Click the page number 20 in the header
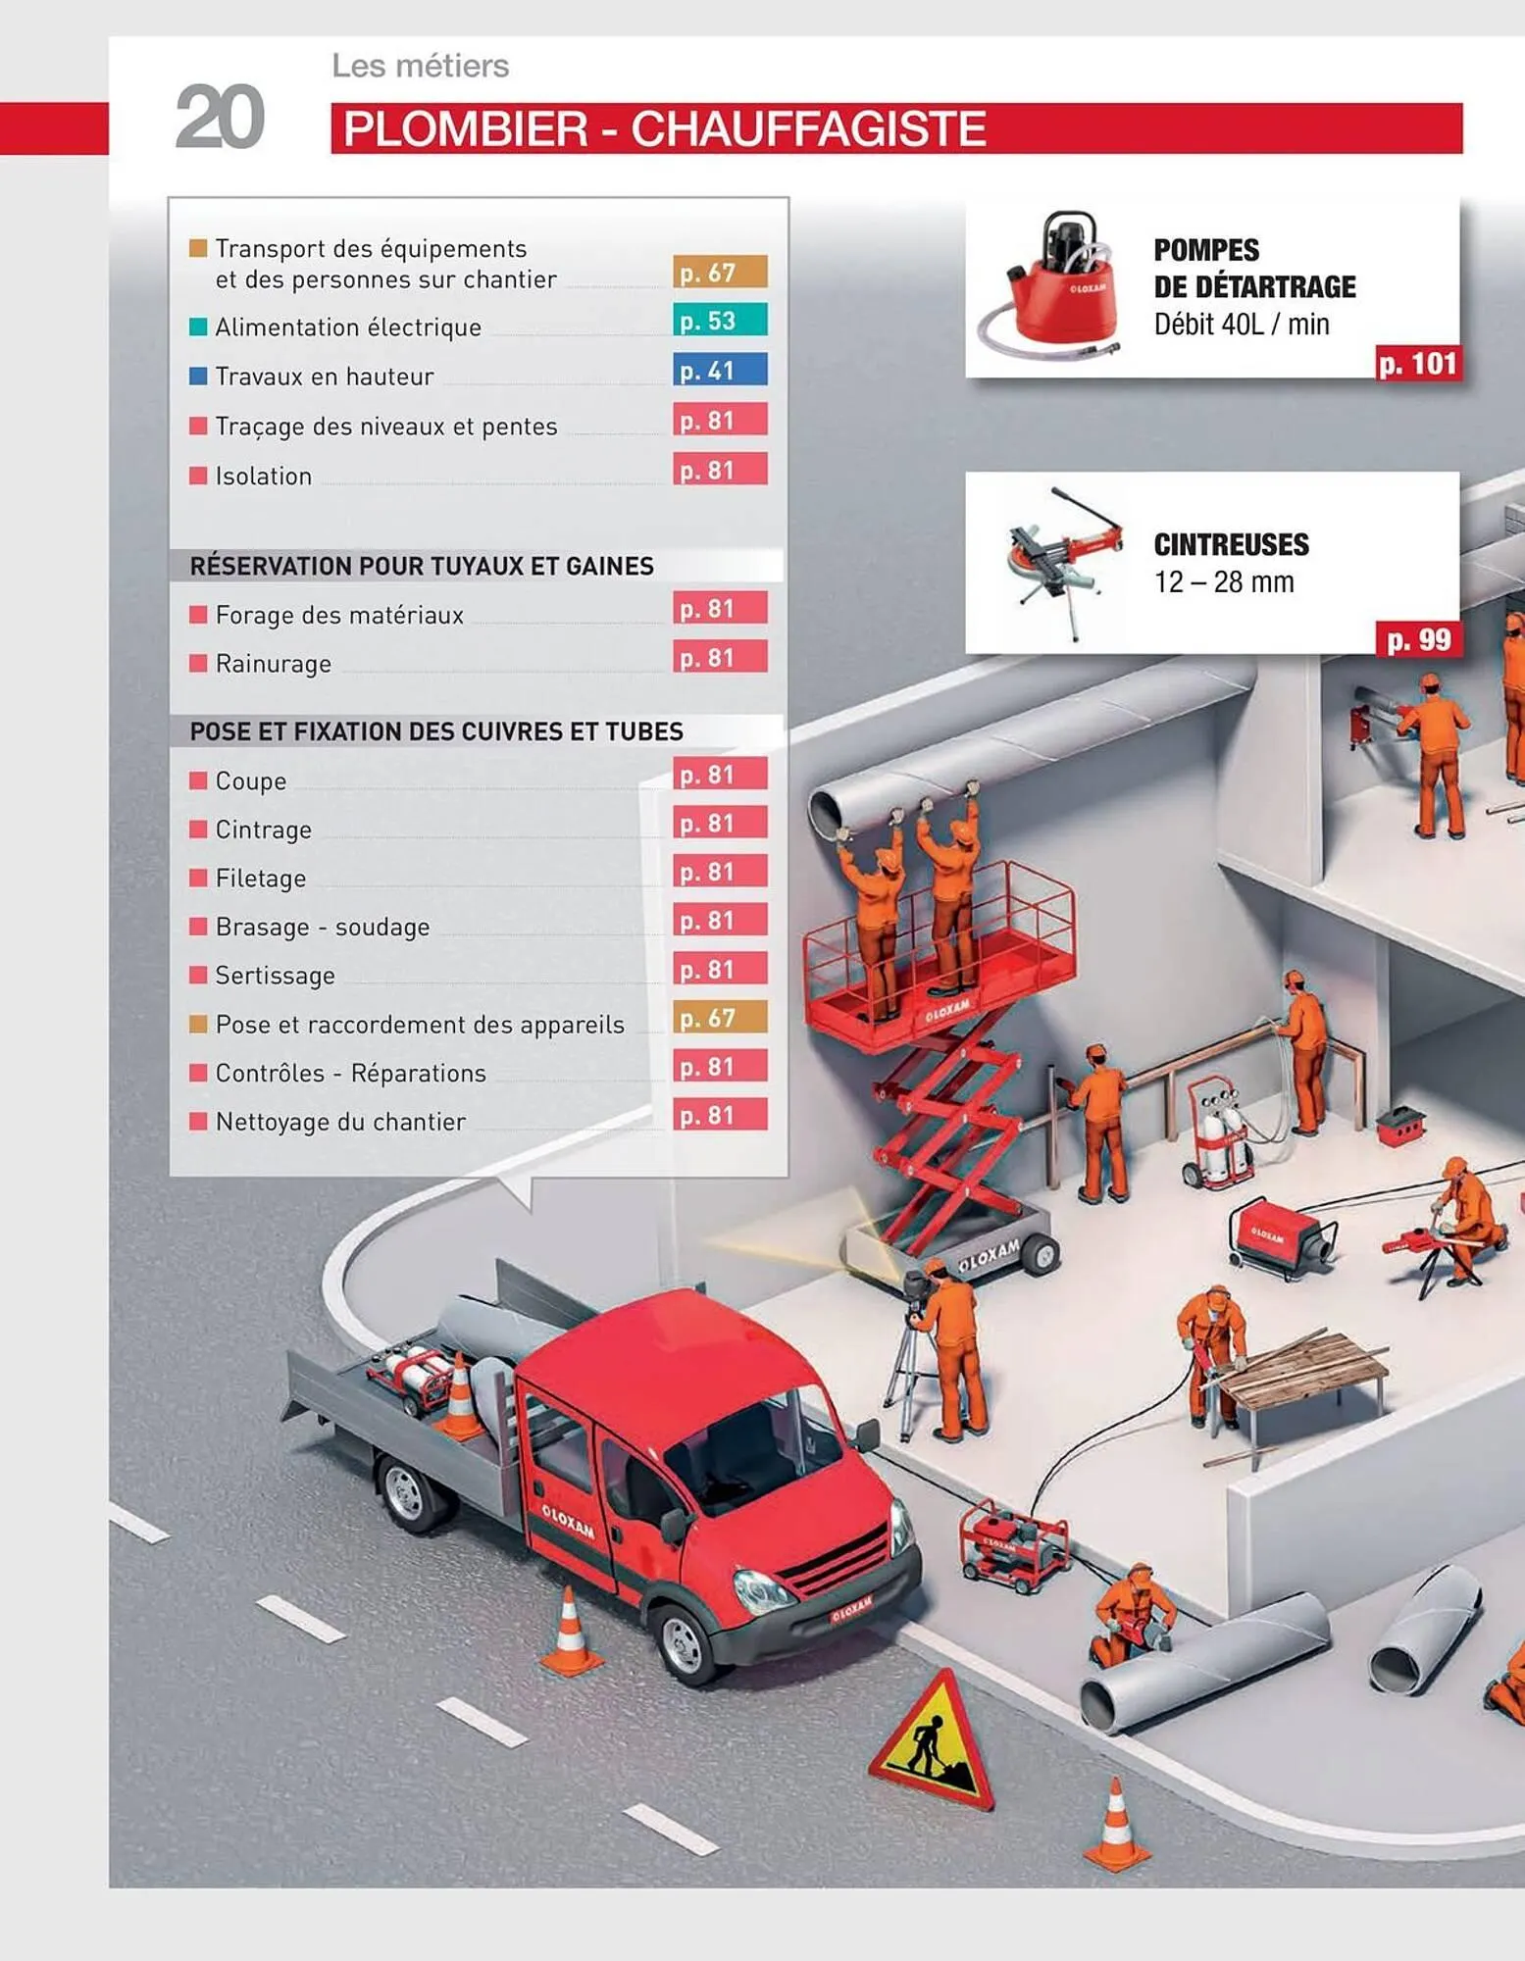(x=220, y=117)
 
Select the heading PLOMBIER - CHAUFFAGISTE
(x=664, y=129)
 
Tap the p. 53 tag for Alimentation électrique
(x=720, y=321)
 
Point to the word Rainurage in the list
(x=274, y=664)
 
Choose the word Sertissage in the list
(x=276, y=976)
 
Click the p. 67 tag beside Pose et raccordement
(x=720, y=1018)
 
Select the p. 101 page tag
(x=1418, y=364)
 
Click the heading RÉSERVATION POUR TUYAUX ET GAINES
(x=422, y=566)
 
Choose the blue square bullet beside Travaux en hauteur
(x=198, y=376)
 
